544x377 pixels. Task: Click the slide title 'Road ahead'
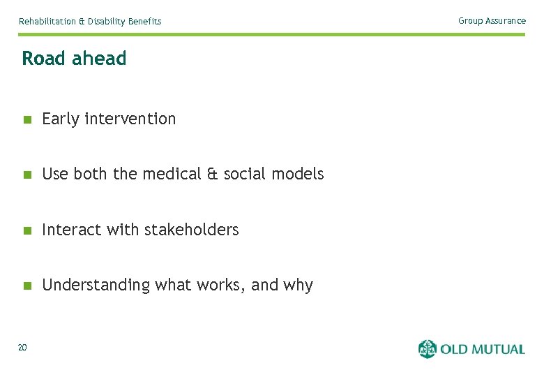coord(74,59)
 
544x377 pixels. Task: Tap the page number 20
coord(22,348)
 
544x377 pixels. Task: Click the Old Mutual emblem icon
coord(427,348)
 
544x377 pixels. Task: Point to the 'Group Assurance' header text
coord(492,21)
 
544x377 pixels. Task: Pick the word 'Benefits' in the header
coord(144,22)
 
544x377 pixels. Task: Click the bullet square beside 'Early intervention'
coord(27,119)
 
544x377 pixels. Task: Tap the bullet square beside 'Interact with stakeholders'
coord(27,230)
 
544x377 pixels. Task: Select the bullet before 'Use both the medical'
coord(27,175)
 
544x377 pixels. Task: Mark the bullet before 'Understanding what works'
coord(27,286)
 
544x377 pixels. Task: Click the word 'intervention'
coord(130,119)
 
